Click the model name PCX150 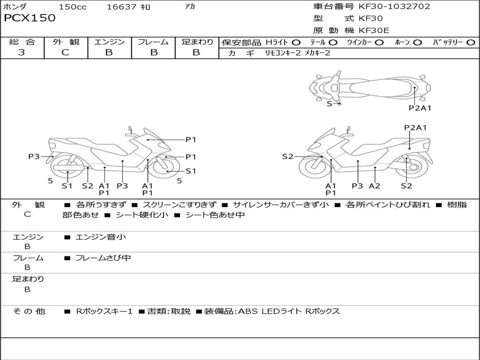tap(30, 18)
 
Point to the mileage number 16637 tap(121, 7)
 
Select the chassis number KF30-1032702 tap(394, 7)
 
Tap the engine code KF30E tap(374, 30)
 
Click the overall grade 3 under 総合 tap(22, 52)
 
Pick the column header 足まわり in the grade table tap(197, 42)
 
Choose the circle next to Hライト tap(296, 43)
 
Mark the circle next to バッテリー tap(471, 43)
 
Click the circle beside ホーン tap(418, 43)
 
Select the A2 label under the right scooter tap(374, 186)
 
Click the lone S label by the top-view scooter tap(329, 104)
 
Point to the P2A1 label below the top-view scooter tap(420, 108)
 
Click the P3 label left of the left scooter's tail tap(34, 157)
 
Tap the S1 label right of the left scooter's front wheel tap(191, 171)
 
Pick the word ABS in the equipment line tap(248, 311)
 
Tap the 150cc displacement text tap(73, 7)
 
